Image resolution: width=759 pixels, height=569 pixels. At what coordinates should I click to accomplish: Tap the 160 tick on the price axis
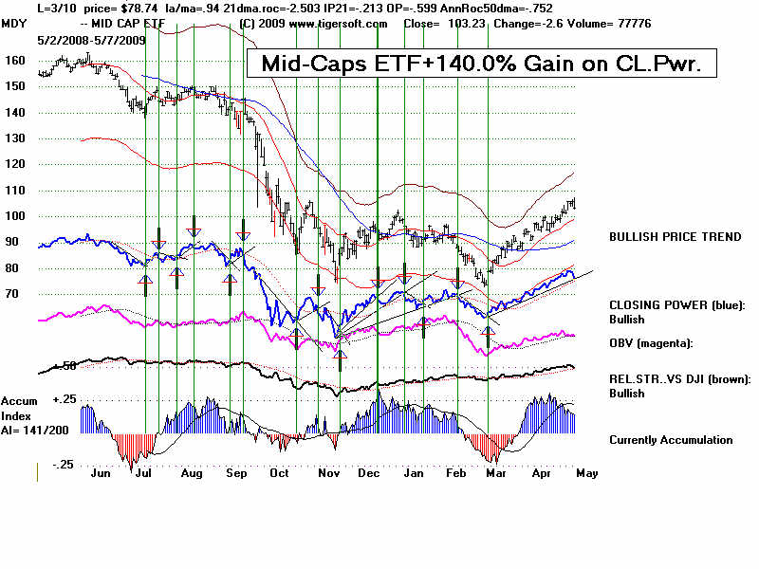14,59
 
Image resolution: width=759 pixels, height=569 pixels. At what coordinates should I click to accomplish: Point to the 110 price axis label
14,190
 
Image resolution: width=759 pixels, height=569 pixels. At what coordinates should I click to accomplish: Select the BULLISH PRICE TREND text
676,237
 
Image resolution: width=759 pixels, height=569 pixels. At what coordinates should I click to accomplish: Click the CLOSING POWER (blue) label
678,305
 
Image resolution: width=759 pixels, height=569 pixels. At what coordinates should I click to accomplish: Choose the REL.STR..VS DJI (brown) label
680,379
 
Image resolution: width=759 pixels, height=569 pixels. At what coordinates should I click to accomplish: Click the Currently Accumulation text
671,440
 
